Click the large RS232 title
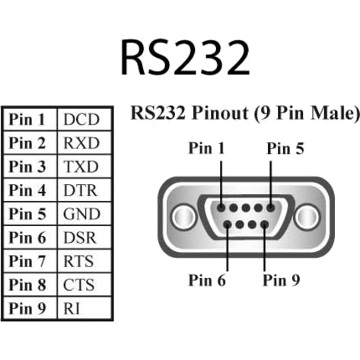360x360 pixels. pyautogui.click(x=185, y=56)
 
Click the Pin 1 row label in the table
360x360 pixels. pyautogui.click(x=28, y=119)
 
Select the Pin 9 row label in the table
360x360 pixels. pyautogui.click(x=28, y=308)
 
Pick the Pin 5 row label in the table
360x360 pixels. pyautogui.click(x=28, y=214)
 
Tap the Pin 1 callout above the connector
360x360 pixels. pyautogui.click(x=206, y=149)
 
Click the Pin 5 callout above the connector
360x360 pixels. pyautogui.click(x=285, y=149)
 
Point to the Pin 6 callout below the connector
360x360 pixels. pyautogui.click(x=207, y=279)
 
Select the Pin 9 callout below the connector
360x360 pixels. pyautogui.click(x=281, y=279)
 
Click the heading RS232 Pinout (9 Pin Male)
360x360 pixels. pyautogui.click(x=244, y=114)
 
